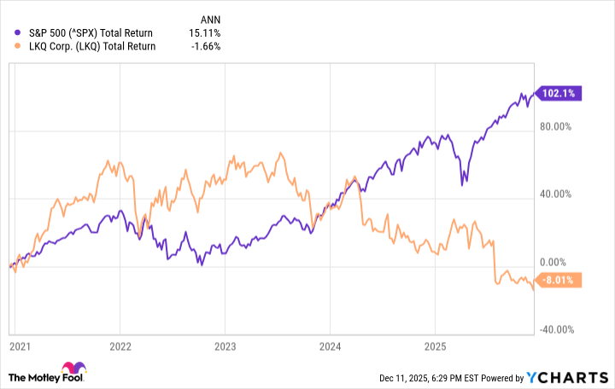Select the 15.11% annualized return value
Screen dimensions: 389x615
[205, 32]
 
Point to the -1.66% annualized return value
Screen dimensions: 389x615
[206, 46]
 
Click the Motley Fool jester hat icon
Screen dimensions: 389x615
[19, 376]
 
